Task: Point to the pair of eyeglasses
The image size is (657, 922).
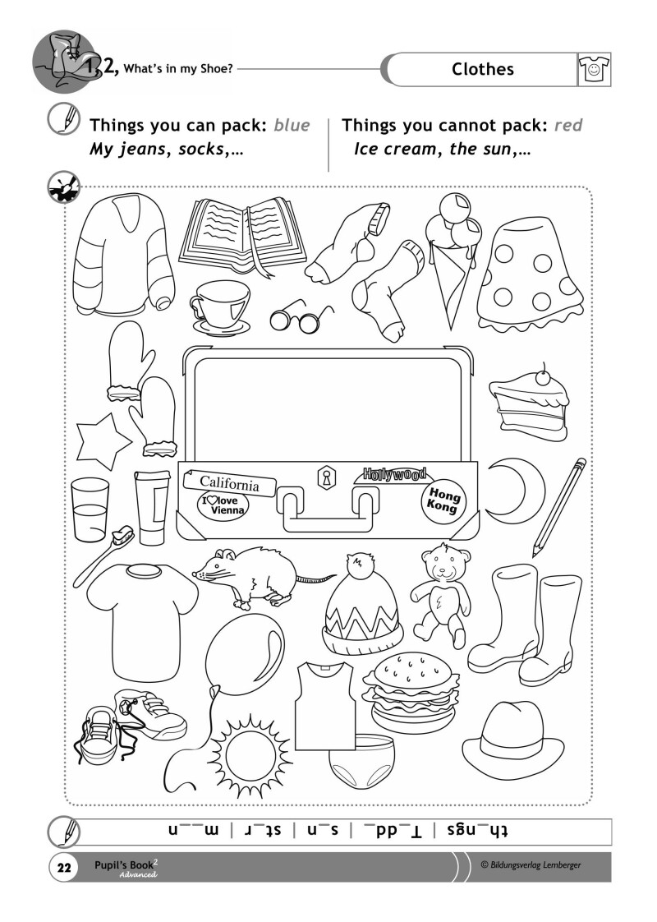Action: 301,319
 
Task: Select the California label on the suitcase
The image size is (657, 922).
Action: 229,483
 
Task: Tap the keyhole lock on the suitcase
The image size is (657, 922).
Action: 324,478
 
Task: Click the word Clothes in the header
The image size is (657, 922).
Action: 482,69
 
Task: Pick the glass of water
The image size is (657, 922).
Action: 90,509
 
